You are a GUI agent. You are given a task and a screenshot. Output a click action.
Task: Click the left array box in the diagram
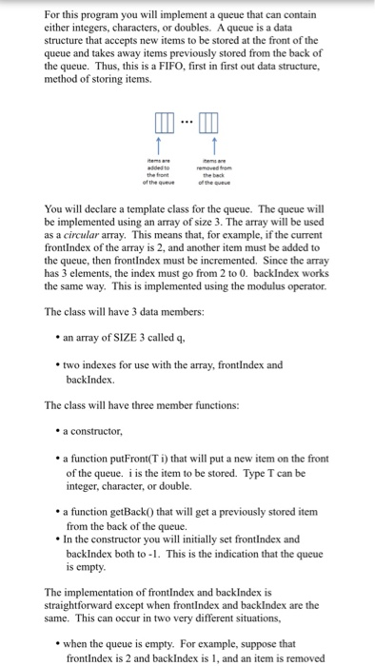pos(159,124)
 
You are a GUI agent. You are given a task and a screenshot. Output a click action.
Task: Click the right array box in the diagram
pos(207,124)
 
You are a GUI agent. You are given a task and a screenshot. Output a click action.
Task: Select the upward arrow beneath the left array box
pos(159,148)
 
